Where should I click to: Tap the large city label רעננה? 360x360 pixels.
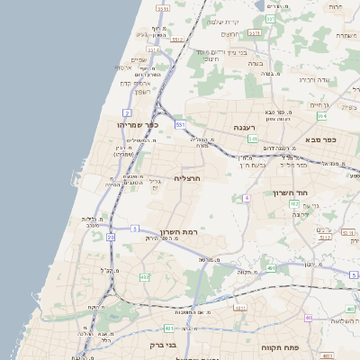246,128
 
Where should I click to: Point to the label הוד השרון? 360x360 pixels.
291,193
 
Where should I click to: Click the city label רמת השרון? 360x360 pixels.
181,232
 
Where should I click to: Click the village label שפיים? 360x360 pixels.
139,59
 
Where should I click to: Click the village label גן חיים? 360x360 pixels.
319,105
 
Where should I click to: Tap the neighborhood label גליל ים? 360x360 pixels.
155,184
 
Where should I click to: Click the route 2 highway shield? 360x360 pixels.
129,112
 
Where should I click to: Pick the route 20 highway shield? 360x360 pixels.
111,237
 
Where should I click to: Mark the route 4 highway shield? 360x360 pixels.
246,197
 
